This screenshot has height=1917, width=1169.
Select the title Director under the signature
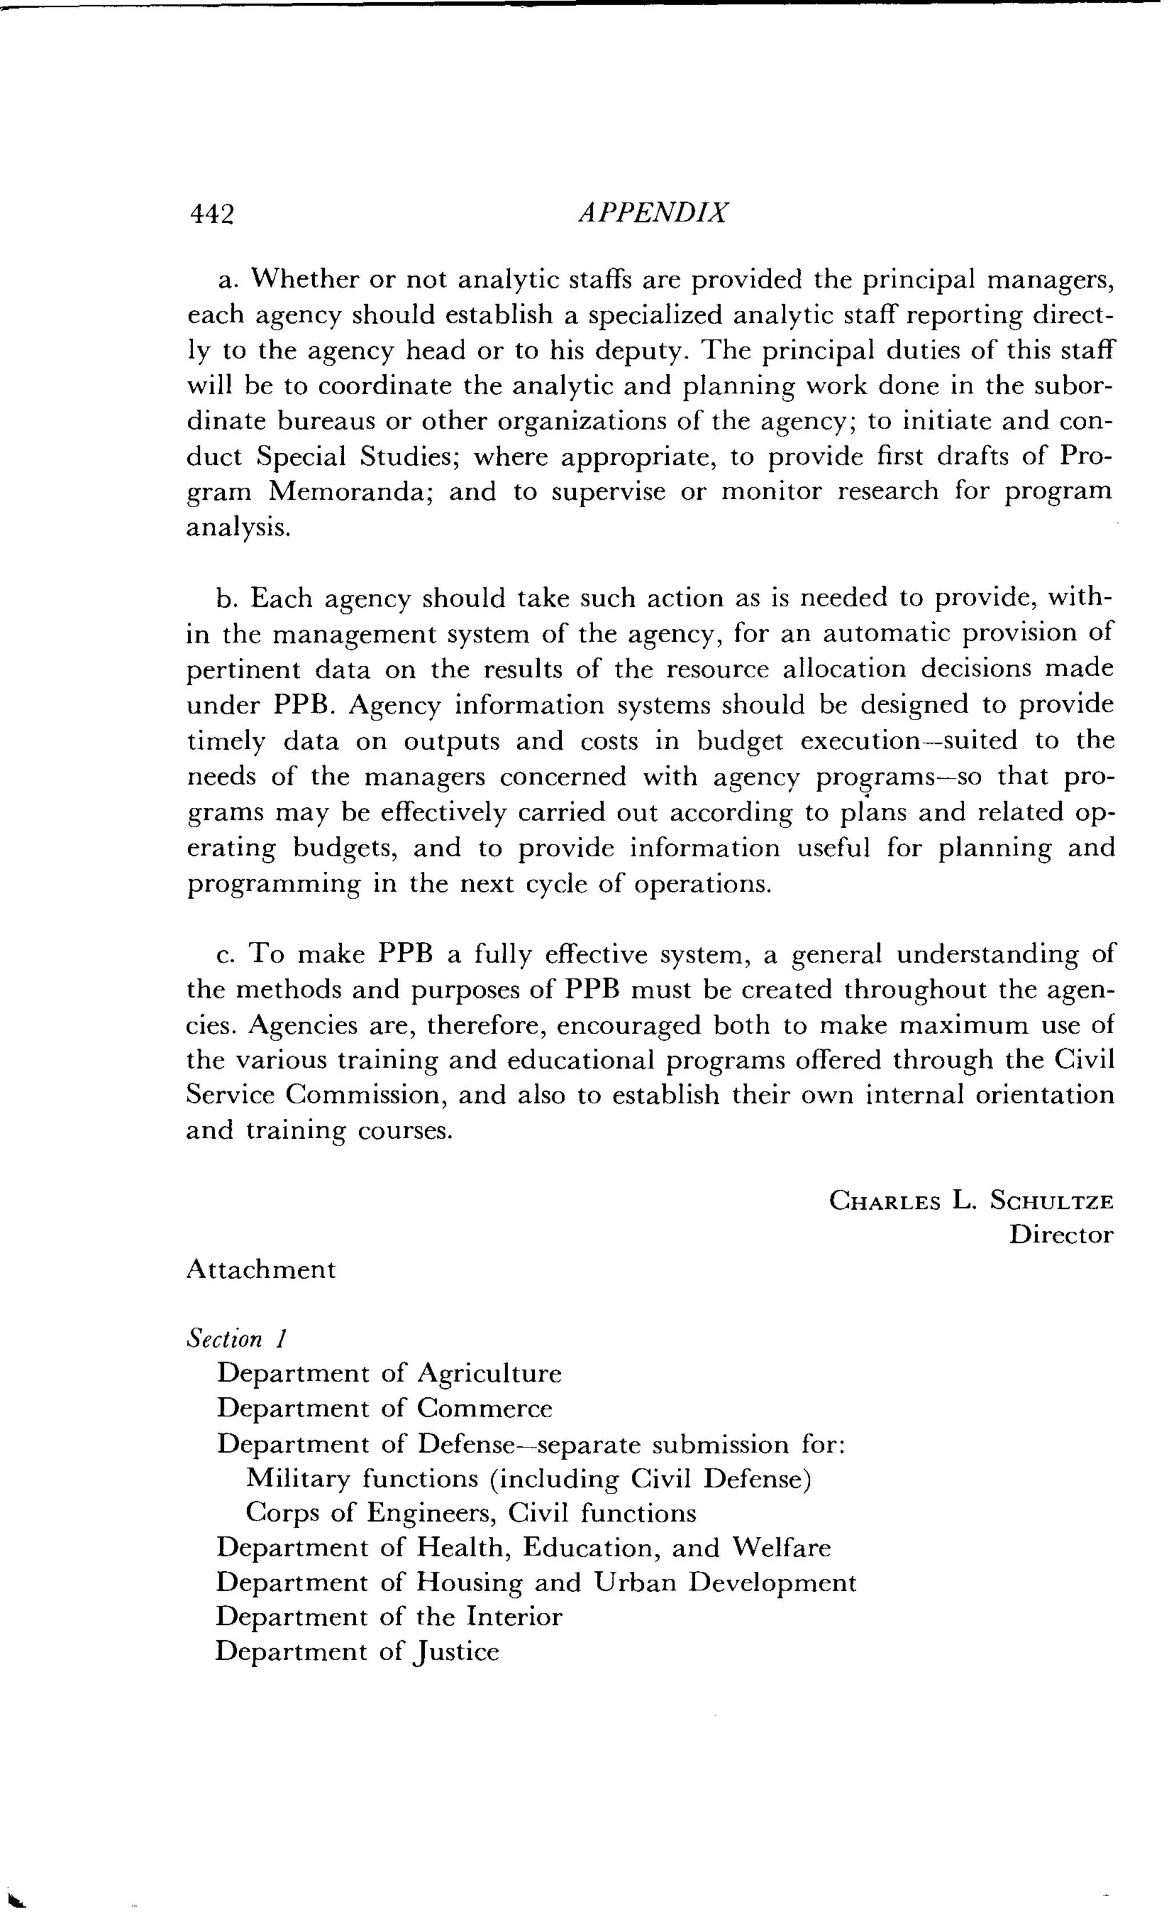tap(1061, 1235)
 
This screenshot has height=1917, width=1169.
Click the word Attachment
tap(261, 1269)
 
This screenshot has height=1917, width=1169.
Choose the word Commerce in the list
tap(484, 1408)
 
